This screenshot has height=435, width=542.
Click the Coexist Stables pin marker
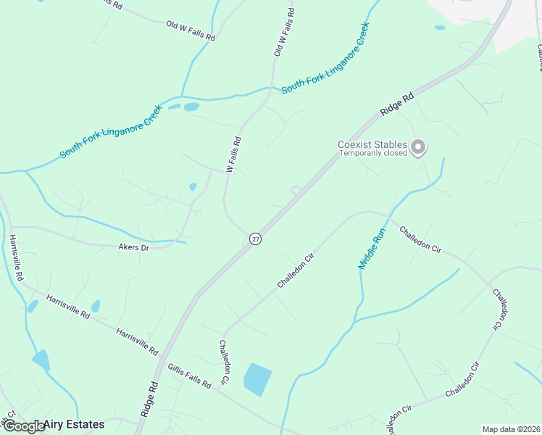pos(418,147)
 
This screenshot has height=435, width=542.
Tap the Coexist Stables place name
pos(372,144)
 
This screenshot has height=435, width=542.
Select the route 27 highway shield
pos(255,239)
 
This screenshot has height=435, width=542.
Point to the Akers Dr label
pos(133,247)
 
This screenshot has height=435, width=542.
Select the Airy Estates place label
pos(74,424)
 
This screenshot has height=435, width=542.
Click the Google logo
pos(23,426)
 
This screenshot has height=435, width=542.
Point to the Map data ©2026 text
pos(511,429)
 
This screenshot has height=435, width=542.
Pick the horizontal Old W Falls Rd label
pos(191,31)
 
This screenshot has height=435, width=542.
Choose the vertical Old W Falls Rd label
pos(284,33)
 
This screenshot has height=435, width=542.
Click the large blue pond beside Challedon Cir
pos(257,379)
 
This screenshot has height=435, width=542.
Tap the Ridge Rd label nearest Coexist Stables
pos(397,104)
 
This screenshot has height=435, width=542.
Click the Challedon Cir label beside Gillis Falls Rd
pos(224,362)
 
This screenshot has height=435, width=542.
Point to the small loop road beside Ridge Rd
pos(296,191)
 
